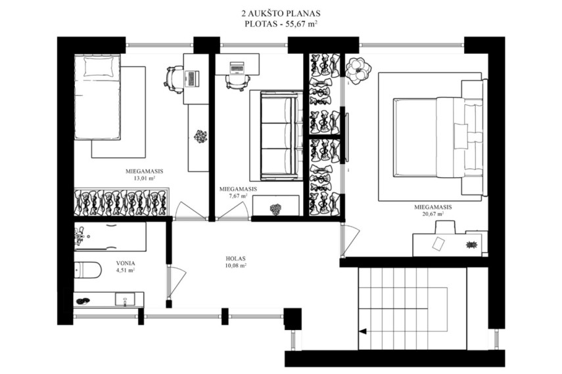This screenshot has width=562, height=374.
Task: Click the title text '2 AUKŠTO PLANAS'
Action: [281, 14]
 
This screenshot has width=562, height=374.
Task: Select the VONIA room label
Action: [126, 263]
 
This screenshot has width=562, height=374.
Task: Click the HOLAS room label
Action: [235, 259]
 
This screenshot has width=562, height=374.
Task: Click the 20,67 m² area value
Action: [433, 214]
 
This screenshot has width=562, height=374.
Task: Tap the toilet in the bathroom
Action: [88, 270]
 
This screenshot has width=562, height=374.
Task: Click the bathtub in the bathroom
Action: [110, 237]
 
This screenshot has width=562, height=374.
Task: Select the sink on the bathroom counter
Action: [125, 299]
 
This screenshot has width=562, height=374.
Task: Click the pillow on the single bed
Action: [98, 67]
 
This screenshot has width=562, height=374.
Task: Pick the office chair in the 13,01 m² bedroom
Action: [174, 79]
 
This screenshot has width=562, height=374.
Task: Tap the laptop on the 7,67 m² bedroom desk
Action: [237, 68]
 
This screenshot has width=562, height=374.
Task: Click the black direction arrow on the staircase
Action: [363, 331]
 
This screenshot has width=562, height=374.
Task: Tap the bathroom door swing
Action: [176, 282]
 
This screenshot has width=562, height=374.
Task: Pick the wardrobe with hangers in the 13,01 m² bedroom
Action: [122, 202]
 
